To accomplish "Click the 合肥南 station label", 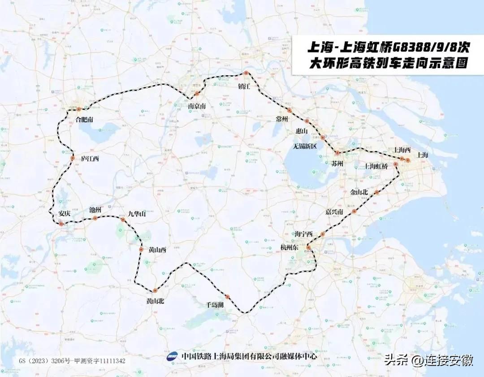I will pos(84,120).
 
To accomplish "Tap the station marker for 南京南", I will pos(197,94).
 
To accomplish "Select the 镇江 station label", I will pos(244,86).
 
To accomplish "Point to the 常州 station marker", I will pos(290,110).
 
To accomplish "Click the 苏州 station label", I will pos(337,164).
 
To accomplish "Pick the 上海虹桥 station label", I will pos(376,166).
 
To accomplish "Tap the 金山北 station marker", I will pos(377,192).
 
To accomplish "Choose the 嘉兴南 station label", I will pos(335,212).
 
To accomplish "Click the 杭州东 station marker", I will pos(309,247).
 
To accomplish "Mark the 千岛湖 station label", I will pos(215,304).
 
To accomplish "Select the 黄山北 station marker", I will pos(156,290).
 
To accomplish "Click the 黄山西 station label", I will pos(157,250).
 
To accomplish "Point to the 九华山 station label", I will pos(137,214).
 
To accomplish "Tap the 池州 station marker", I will pos(95,218).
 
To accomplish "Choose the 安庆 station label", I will pos(65,213).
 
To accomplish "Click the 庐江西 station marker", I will pos(73,158).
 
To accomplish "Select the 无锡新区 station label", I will pos(305,147).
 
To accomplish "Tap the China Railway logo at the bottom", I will pos(173,357).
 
